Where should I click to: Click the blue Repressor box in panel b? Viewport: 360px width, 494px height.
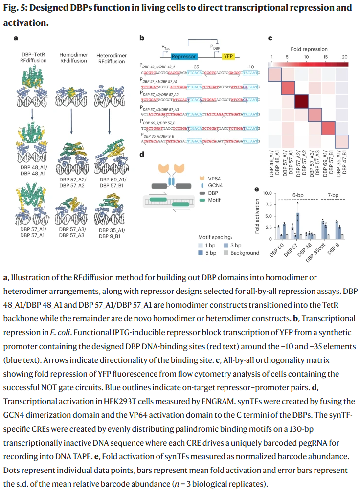183,56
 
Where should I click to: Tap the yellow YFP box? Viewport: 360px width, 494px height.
228,56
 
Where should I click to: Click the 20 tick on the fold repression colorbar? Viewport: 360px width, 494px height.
344,57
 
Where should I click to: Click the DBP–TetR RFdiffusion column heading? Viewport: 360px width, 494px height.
33,58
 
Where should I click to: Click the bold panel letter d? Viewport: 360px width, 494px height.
141,155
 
